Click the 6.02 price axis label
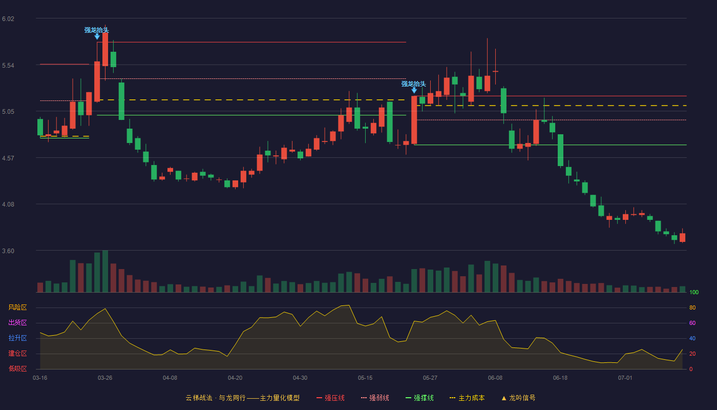tap(8, 19)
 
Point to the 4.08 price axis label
tap(8, 204)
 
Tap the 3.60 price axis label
tap(8, 251)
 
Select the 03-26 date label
tap(105, 378)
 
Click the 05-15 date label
tap(365, 378)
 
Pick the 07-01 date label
tap(625, 378)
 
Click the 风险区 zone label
tap(17, 307)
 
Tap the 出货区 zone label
tap(17, 322)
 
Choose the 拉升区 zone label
tap(17, 338)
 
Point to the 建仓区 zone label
tap(17, 353)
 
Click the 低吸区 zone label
tap(17, 368)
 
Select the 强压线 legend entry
tap(330, 398)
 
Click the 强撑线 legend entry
tap(419, 398)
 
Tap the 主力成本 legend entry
tap(467, 398)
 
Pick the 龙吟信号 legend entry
tap(518, 398)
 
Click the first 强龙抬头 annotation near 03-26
tap(97, 30)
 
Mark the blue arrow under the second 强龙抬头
tap(414, 90)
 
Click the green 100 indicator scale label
tap(694, 292)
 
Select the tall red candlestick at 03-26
tap(105, 49)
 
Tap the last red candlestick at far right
tap(682, 237)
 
